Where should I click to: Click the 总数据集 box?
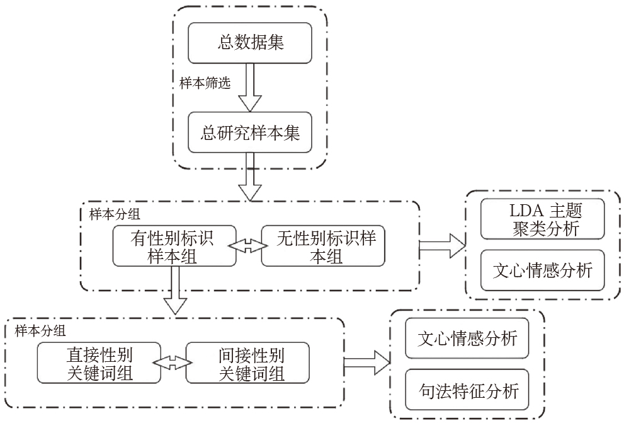click(250, 43)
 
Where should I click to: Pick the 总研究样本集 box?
click(250, 134)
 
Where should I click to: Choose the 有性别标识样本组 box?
click(172, 246)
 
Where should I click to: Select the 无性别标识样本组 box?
click(322, 246)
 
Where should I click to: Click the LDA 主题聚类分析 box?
click(542, 219)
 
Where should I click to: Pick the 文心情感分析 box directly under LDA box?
click(542, 270)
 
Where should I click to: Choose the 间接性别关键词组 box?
click(247, 362)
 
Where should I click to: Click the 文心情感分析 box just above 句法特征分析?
click(467, 339)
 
